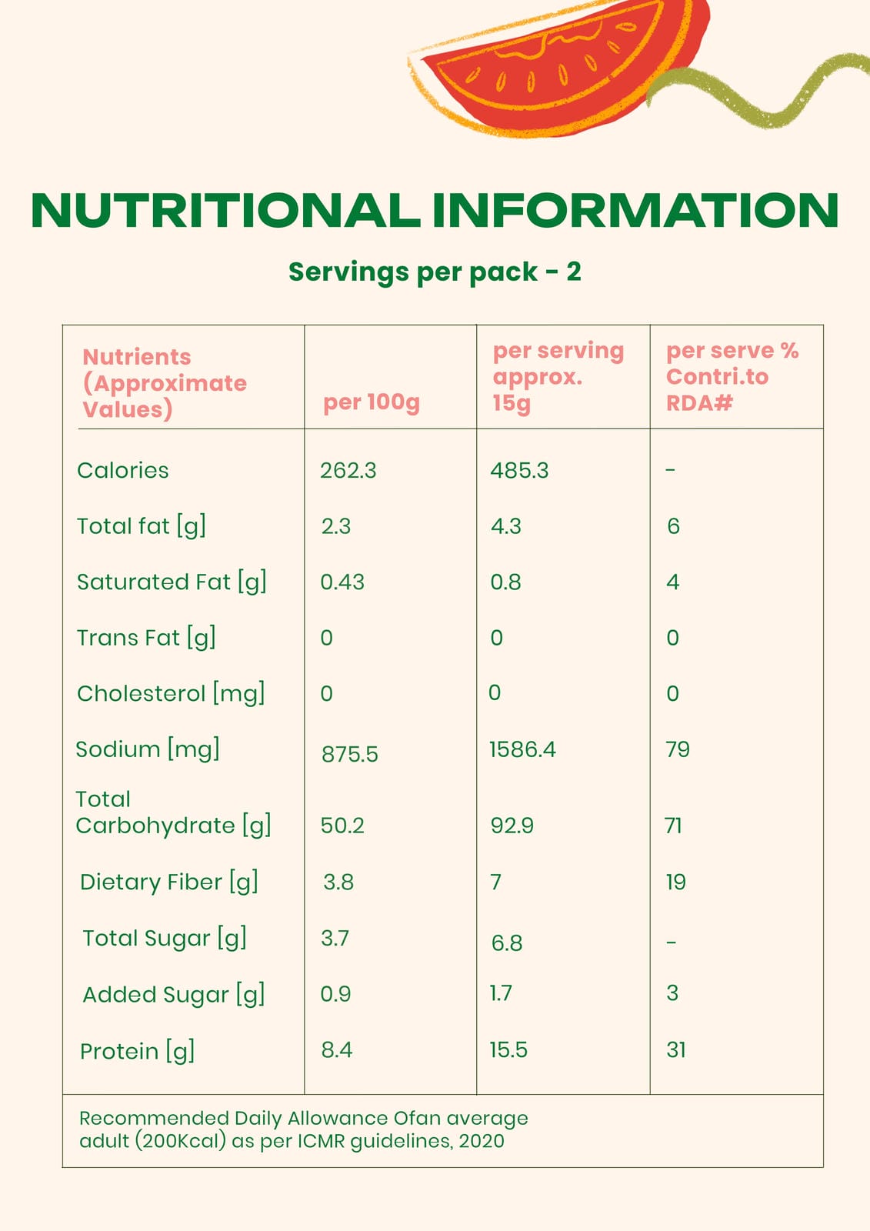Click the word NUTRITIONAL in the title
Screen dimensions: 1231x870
225,210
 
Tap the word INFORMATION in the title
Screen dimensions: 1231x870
635,210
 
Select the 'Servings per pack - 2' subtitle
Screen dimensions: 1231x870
435,272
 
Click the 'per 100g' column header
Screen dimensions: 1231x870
371,402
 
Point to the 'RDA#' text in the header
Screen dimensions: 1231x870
699,402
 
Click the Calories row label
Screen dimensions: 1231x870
122,470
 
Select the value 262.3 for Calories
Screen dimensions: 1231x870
348,470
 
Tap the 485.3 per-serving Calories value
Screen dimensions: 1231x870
519,470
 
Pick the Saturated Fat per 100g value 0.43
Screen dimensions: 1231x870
342,582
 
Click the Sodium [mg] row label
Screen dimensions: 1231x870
147,749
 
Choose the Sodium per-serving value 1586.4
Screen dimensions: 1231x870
522,749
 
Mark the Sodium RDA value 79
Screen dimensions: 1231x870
678,749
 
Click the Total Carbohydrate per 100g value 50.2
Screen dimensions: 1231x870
342,826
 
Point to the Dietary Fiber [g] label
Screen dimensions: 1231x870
168,882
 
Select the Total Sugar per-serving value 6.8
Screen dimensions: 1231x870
507,942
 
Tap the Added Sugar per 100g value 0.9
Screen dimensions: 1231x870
335,993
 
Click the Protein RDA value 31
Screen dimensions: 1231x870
675,1049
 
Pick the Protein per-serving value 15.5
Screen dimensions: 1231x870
508,1049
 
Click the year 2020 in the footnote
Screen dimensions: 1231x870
482,1140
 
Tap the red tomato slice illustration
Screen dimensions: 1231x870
554,73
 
